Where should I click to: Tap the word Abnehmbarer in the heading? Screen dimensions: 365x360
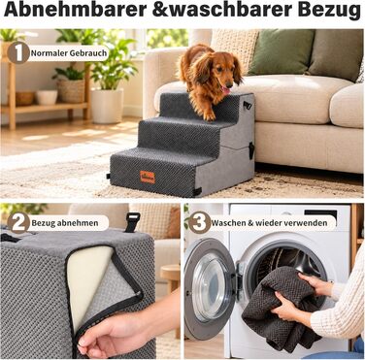pos(75,10)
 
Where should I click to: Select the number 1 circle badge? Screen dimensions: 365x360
pos(18,52)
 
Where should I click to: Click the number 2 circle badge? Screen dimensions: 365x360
pos(18,222)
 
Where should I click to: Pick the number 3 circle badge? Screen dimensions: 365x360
pos(200,222)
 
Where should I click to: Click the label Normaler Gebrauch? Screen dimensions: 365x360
pos(69,52)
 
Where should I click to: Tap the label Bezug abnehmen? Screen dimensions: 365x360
pos(65,223)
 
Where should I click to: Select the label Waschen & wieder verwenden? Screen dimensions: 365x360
pos(269,223)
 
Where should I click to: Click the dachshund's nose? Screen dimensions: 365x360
pos(229,84)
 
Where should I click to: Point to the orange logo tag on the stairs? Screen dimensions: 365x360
pos(148,177)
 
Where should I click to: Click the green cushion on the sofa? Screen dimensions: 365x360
pos(281,52)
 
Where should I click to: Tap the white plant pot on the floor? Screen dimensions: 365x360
pos(107,106)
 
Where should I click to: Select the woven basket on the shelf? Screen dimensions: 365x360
pos(71,90)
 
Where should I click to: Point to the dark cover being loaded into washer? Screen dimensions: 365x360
pos(279,310)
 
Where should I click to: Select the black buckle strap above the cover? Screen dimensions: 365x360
pos(132,222)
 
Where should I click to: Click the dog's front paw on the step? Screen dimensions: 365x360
pos(210,115)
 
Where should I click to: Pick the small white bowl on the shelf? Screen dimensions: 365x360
pos(47,97)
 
